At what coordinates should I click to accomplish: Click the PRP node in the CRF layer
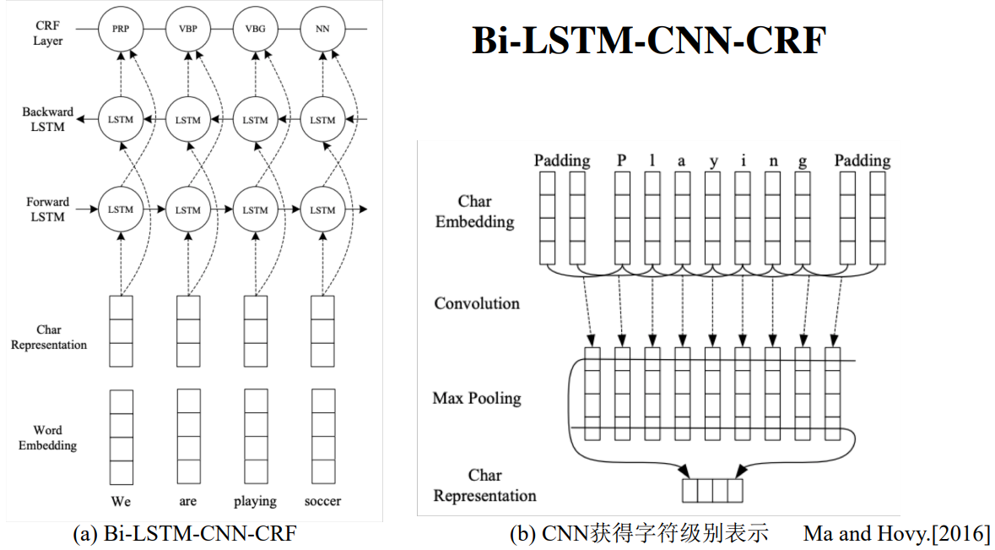[x=122, y=30]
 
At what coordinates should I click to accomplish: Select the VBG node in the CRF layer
[x=256, y=30]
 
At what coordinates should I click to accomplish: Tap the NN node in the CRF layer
[x=323, y=30]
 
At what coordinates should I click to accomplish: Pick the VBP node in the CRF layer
[x=188, y=30]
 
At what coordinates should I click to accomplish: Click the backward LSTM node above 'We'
[x=122, y=119]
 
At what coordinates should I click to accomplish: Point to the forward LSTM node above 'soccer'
[x=323, y=210]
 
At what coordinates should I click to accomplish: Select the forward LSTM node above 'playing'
[x=256, y=210]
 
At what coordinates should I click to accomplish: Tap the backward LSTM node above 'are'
[x=188, y=119]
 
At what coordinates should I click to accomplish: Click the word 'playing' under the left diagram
[x=255, y=502]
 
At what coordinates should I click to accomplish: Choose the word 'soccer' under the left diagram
[x=322, y=501]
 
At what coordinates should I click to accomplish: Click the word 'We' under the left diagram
[x=121, y=501]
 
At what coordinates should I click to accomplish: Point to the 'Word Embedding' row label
[x=47, y=438]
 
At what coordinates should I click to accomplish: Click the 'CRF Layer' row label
[x=48, y=33]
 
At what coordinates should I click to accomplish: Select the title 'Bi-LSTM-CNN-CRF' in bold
[x=649, y=41]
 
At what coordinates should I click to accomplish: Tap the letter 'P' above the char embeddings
[x=622, y=160]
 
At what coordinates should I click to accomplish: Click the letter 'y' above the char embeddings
[x=714, y=162]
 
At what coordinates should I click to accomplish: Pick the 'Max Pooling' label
[x=477, y=399]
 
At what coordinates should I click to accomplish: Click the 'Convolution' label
[x=477, y=303]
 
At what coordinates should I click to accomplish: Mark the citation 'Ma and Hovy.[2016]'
[x=896, y=534]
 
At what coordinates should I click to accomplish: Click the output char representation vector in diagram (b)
[x=712, y=490]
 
